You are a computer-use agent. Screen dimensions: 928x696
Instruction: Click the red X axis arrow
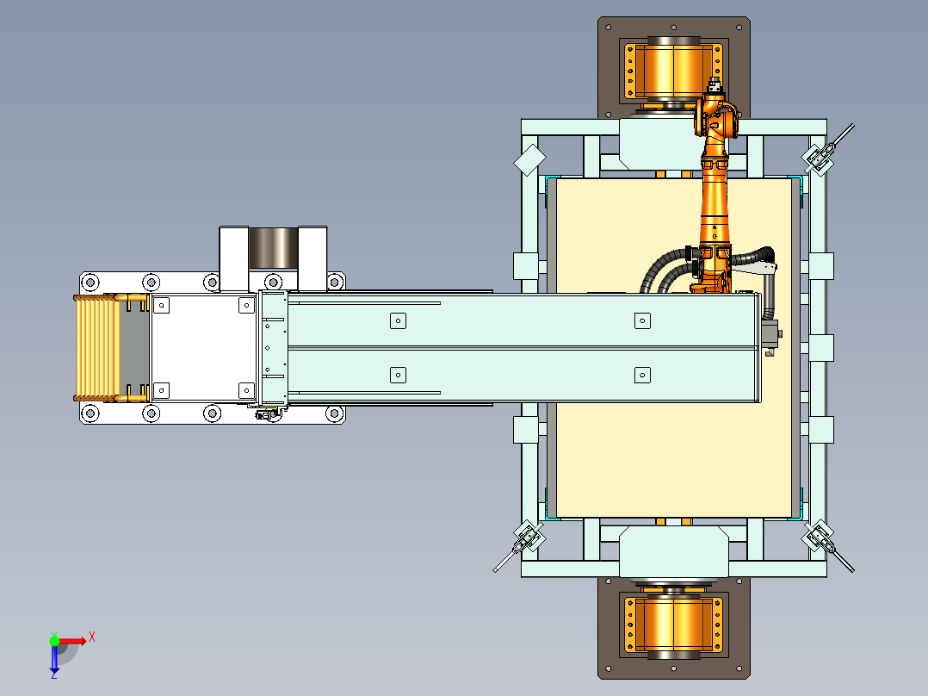point(71,641)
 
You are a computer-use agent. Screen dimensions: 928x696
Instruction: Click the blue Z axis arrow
point(54,660)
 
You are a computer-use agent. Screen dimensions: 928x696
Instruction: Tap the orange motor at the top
point(673,70)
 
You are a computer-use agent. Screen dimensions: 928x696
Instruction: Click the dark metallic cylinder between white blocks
point(273,247)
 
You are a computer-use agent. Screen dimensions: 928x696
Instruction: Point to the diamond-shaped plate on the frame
point(529,159)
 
